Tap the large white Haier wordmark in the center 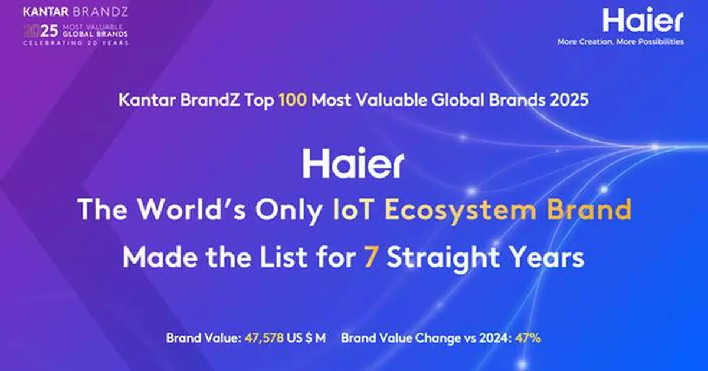353,165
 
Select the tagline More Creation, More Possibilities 621,42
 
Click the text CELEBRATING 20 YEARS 76,43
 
